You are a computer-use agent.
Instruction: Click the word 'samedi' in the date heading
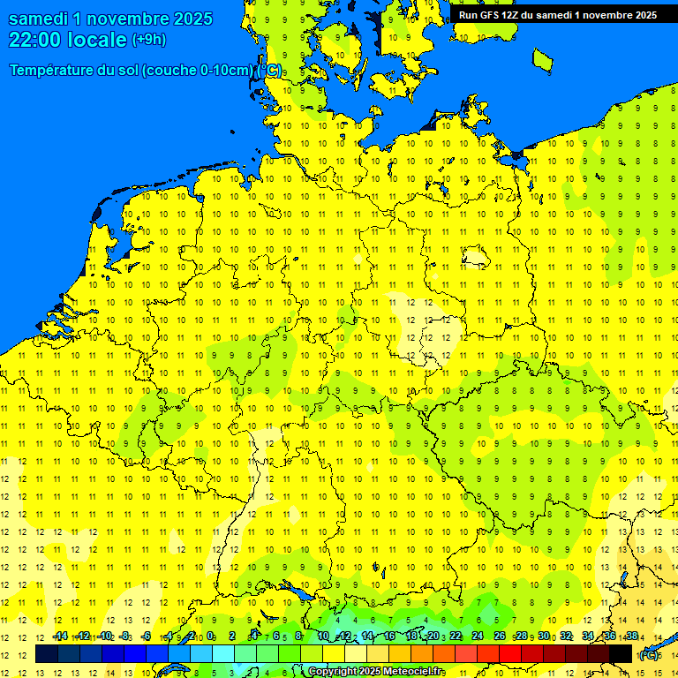pyautogui.click(x=37, y=19)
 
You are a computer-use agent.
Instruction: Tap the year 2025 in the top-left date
pyautogui.click(x=189, y=19)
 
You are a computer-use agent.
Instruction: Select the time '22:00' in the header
pyautogui.click(x=36, y=40)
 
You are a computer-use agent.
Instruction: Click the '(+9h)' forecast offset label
pyautogui.click(x=148, y=40)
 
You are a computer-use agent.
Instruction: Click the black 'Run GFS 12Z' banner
pyautogui.click(x=557, y=14)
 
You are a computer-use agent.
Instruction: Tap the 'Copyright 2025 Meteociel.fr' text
pyautogui.click(x=375, y=672)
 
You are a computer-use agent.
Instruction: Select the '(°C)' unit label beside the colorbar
pyautogui.click(x=649, y=655)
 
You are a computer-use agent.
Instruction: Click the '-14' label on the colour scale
pyautogui.click(x=60, y=637)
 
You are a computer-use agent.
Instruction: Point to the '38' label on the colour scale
pyautogui.click(x=632, y=637)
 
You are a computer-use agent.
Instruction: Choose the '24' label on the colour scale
pyautogui.click(x=478, y=637)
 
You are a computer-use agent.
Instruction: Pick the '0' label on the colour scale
pyautogui.click(x=210, y=637)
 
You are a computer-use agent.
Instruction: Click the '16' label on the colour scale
pyautogui.click(x=389, y=637)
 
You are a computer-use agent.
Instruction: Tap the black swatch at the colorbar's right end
pyautogui.click(x=621, y=654)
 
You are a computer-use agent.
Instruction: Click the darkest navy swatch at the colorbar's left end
pyautogui.click(x=47, y=654)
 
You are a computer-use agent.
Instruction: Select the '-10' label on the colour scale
pyautogui.click(x=104, y=637)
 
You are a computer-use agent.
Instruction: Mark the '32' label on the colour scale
pyautogui.click(x=566, y=637)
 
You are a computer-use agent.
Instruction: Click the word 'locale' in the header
pyautogui.click(x=97, y=40)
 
